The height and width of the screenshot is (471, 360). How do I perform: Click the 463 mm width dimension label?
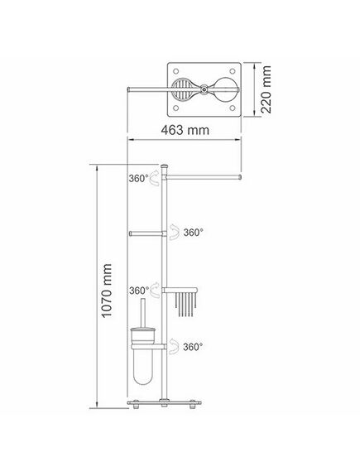click(185, 130)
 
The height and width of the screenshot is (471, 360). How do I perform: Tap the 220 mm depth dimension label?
click(266, 89)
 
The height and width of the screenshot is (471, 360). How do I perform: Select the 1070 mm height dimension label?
click(107, 291)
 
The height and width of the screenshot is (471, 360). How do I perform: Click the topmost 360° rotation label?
click(139, 179)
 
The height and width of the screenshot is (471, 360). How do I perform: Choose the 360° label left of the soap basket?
click(139, 291)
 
